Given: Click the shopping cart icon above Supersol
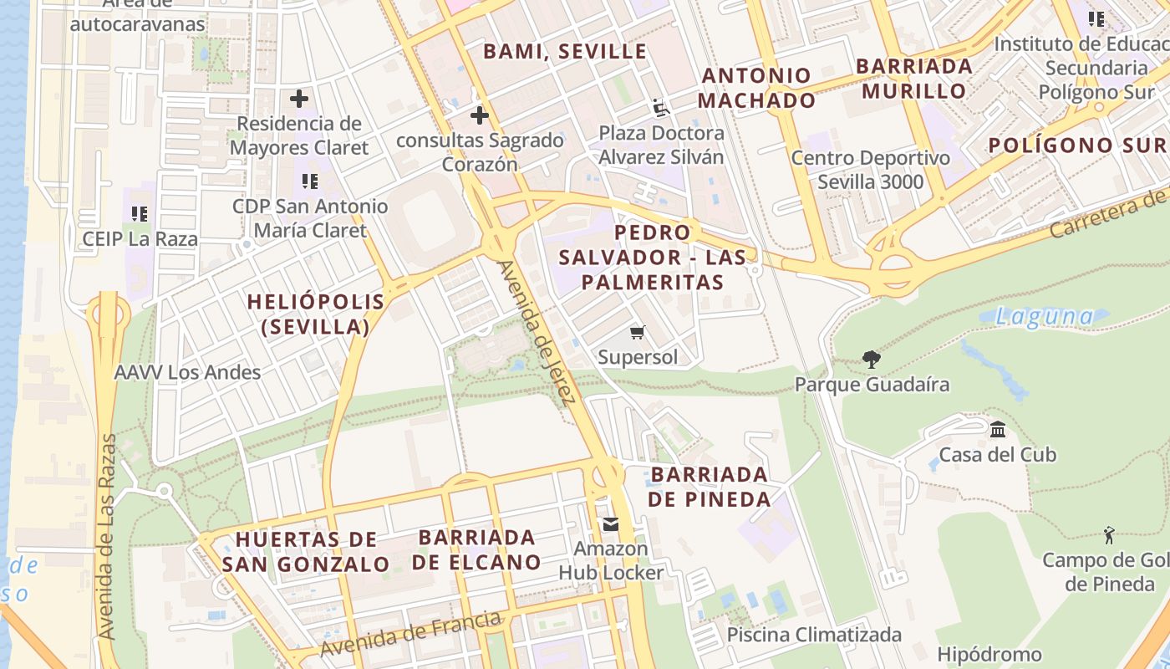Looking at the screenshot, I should pyautogui.click(x=638, y=333).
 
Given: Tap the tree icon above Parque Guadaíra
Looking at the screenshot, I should pyautogui.click(x=872, y=360).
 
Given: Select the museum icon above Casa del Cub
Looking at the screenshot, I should pyautogui.click(x=997, y=430).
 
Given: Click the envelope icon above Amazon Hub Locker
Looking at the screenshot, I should pyautogui.click(x=611, y=524).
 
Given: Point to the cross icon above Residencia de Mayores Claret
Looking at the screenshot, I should pyautogui.click(x=298, y=99).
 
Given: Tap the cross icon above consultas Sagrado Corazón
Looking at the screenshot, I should pyautogui.click(x=479, y=115).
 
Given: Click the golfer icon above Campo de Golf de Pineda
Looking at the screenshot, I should pyautogui.click(x=1109, y=535).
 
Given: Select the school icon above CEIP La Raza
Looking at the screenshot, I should pyautogui.click(x=140, y=214).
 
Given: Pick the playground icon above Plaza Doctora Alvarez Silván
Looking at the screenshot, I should pyautogui.click(x=661, y=108).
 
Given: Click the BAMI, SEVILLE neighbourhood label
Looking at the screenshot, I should pyautogui.click(x=565, y=51).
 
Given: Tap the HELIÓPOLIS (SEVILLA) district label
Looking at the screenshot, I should pyautogui.click(x=316, y=314).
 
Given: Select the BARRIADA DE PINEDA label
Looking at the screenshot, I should pyautogui.click(x=710, y=487).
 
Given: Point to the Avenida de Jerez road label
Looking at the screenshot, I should pyautogui.click(x=536, y=333).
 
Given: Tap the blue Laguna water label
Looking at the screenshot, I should pyautogui.click(x=1045, y=317).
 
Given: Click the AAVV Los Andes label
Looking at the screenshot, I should pyautogui.click(x=187, y=372).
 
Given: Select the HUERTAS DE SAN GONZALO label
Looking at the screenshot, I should pyautogui.click(x=305, y=551).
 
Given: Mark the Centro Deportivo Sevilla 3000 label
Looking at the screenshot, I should pyautogui.click(x=870, y=170).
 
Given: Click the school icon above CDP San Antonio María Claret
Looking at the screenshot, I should pyautogui.click(x=310, y=181).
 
